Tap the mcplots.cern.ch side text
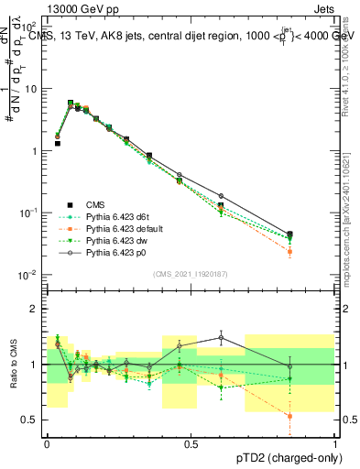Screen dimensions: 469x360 coord(349,220)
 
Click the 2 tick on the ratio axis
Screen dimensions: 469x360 coord(35,309)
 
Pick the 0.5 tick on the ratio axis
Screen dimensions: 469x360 coord(31,420)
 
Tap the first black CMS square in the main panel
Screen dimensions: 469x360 coord(57,144)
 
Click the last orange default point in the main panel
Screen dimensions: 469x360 coord(289,251)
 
